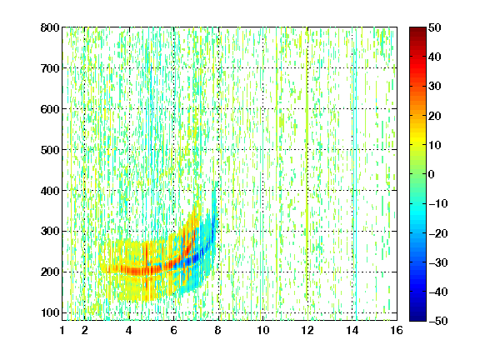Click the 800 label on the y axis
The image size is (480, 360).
[x=50, y=27]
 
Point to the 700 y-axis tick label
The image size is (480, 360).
[x=50, y=68]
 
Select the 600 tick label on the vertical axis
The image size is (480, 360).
[x=50, y=109]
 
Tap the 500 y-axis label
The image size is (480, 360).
[x=50, y=150]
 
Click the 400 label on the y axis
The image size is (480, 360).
[x=50, y=191]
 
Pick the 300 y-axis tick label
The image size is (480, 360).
[x=50, y=232]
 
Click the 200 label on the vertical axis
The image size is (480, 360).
[x=50, y=272]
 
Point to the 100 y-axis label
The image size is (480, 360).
[x=50, y=312]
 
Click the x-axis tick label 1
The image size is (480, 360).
[x=62, y=330]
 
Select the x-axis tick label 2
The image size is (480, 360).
[x=85, y=330]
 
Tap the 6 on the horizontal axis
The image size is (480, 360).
[x=174, y=330]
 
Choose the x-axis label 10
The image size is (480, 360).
[x=263, y=330]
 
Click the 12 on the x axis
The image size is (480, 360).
[x=307, y=330]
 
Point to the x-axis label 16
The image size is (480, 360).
[x=397, y=330]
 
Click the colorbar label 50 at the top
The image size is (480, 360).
[x=434, y=27]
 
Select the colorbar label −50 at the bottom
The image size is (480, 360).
[x=438, y=321]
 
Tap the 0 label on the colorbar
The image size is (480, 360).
[x=431, y=174]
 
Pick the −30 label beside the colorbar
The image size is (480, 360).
[x=438, y=262]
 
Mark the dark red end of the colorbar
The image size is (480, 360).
[x=417, y=31]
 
